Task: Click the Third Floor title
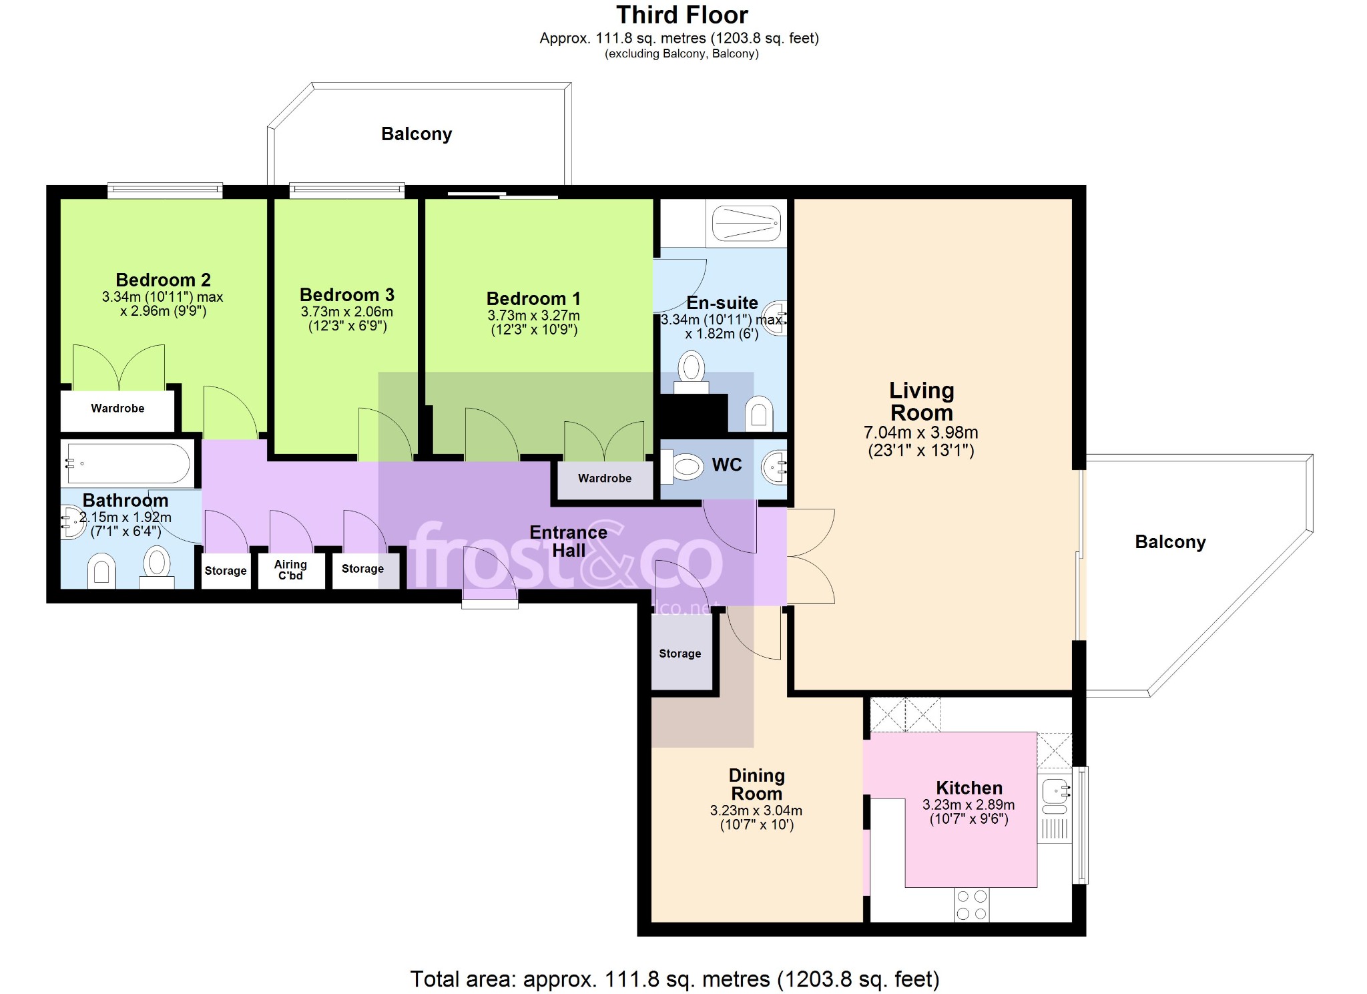(x=682, y=15)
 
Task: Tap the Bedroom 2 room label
(x=163, y=280)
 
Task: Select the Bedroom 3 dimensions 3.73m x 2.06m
(x=347, y=312)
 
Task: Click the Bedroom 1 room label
(x=533, y=298)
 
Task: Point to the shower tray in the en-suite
(x=746, y=223)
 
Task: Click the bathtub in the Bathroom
(x=128, y=463)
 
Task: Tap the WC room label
(x=727, y=465)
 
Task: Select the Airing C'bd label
(x=290, y=570)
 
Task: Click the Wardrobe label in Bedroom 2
(x=117, y=408)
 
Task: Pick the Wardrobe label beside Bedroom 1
(x=605, y=478)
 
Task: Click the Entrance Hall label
(x=569, y=541)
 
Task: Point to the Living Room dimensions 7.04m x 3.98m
(x=921, y=433)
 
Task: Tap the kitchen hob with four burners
(x=972, y=905)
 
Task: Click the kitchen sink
(x=1055, y=792)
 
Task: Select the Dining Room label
(x=756, y=784)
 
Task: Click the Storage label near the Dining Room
(x=680, y=654)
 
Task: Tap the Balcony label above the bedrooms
(x=417, y=134)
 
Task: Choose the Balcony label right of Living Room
(x=1171, y=542)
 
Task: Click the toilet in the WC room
(x=686, y=466)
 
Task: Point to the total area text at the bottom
(x=675, y=979)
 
